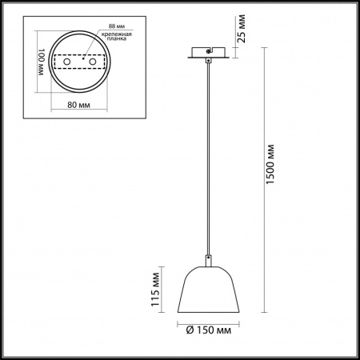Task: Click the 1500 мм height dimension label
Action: click(270, 164)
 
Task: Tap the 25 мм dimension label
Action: click(242, 29)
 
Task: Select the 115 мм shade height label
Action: click(155, 290)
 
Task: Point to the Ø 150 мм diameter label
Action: click(209, 330)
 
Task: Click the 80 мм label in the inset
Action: click(78, 105)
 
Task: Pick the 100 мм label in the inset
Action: click(42, 62)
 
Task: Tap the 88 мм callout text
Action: click(117, 26)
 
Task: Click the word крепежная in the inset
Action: click(117, 34)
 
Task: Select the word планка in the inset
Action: click(117, 38)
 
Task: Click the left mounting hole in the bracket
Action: click(66, 62)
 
